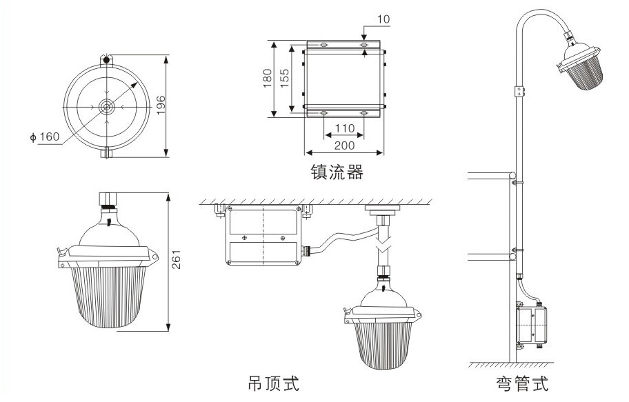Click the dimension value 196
click(161, 105)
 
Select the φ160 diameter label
click(44, 137)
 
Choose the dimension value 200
click(343, 145)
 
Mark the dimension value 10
click(383, 20)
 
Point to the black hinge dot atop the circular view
click(106, 59)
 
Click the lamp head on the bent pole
click(581, 70)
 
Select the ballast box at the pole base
click(532, 325)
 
